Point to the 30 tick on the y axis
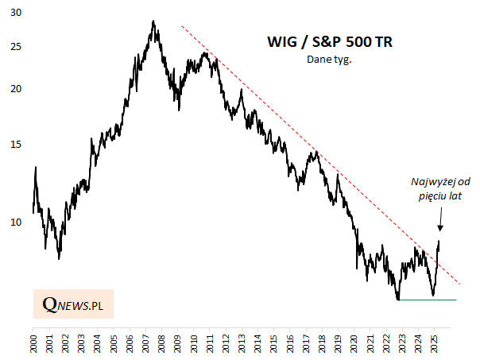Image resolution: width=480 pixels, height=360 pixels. pos(17,14)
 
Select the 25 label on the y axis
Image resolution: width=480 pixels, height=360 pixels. pos(17,48)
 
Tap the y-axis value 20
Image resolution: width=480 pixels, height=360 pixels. pos(17,89)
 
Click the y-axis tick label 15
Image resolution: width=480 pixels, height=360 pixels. pos(17,144)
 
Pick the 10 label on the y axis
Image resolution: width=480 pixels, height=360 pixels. pos(17,223)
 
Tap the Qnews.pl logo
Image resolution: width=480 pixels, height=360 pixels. pos(73,304)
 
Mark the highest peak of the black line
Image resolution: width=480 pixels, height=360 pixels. pos(153,21)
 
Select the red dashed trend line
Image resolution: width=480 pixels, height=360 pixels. pos(318,151)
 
